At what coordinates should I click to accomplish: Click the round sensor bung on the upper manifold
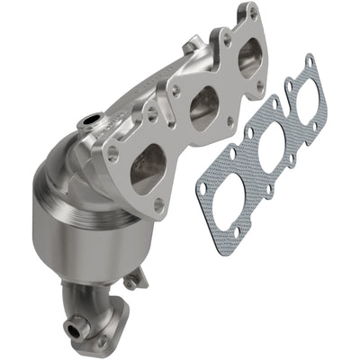coord(89,121)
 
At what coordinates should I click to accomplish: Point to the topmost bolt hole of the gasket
coord(310,61)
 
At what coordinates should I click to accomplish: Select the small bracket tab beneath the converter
coord(133,281)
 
